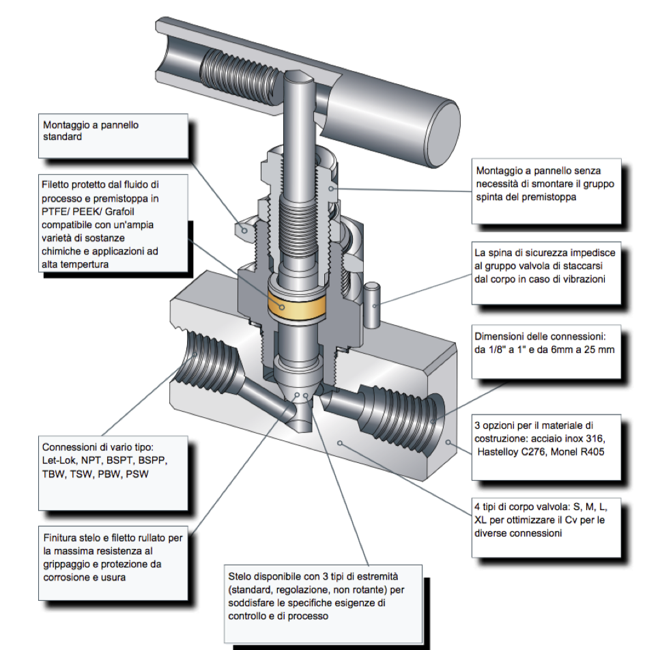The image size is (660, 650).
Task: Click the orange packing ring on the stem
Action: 298,305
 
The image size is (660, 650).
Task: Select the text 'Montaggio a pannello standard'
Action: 91,131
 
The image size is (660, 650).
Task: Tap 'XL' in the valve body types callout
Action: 481,520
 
